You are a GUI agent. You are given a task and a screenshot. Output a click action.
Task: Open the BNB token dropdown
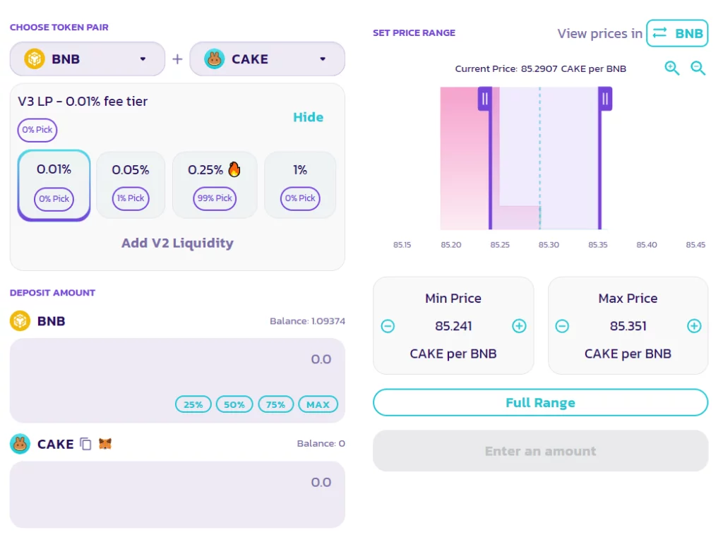pyautogui.click(x=87, y=59)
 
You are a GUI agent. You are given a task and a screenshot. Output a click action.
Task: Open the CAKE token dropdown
pyautogui.click(x=267, y=59)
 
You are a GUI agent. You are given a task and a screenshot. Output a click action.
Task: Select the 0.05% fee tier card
pyautogui.click(x=131, y=184)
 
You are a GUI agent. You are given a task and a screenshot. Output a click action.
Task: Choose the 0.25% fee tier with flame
pyautogui.click(x=215, y=184)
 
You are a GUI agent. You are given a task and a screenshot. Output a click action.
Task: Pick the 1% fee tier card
pyautogui.click(x=300, y=184)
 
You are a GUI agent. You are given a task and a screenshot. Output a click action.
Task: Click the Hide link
pyautogui.click(x=308, y=117)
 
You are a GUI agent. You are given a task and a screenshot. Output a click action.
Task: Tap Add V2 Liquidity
pyautogui.click(x=177, y=243)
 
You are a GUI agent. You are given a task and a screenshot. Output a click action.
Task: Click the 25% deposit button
pyautogui.click(x=193, y=404)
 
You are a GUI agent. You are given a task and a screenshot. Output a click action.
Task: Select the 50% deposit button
pyautogui.click(x=234, y=404)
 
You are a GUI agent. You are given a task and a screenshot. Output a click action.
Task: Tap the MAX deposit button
pyautogui.click(x=318, y=404)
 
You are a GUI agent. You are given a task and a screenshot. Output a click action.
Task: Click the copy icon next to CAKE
pyautogui.click(x=85, y=444)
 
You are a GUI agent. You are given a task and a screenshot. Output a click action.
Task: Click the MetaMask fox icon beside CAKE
pyautogui.click(x=105, y=444)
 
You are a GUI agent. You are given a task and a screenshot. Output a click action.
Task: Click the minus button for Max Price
pyautogui.click(x=562, y=326)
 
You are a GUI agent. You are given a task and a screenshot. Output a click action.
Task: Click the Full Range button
pyautogui.click(x=540, y=402)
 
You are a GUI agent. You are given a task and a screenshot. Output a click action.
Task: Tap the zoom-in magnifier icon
pyautogui.click(x=671, y=68)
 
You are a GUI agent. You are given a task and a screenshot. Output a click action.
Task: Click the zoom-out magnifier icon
pyautogui.click(x=698, y=68)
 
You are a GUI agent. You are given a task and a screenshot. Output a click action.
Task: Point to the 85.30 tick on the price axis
pyautogui.click(x=549, y=245)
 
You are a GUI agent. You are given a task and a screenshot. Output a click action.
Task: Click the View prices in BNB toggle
pyautogui.click(x=677, y=33)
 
